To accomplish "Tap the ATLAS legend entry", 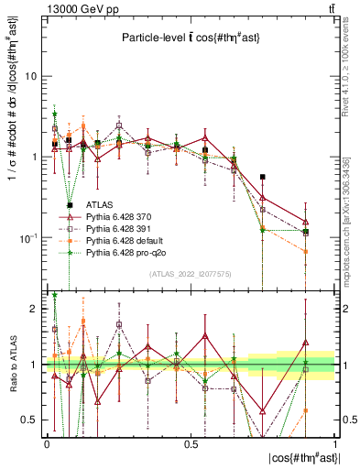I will click(x=101, y=203).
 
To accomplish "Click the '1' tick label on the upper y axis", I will click(x=34, y=158).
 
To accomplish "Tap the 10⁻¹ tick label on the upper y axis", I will click(x=28, y=237).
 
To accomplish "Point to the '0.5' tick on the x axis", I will click(x=191, y=443).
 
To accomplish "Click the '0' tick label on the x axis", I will click(x=47, y=443).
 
